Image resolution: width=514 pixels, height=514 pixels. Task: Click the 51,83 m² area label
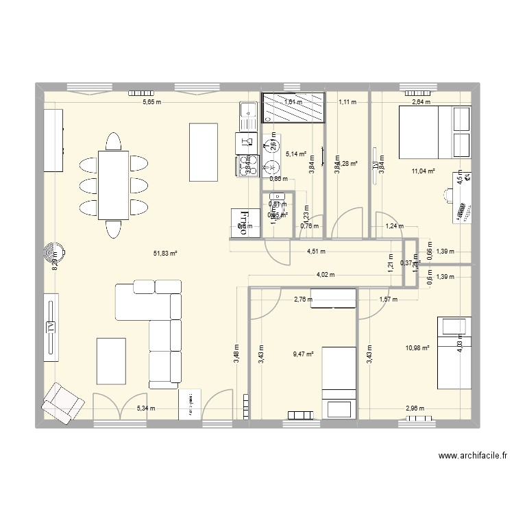(166, 254)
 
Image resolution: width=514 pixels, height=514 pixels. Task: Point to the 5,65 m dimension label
(151, 103)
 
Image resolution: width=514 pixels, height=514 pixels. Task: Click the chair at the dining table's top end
(114, 142)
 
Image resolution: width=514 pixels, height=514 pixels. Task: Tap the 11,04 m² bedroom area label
(423, 171)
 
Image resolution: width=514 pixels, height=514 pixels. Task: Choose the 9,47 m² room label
(303, 354)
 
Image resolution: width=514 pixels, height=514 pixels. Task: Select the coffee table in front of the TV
(111, 360)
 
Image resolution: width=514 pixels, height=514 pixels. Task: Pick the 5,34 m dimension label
(146, 408)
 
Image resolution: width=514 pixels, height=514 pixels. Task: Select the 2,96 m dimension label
(415, 408)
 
